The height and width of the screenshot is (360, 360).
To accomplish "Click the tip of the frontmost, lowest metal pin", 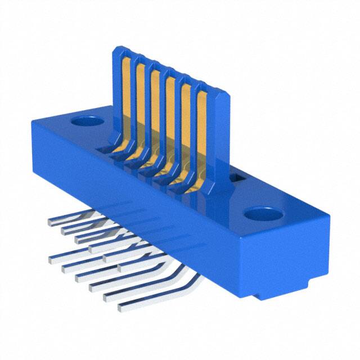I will point(120,308).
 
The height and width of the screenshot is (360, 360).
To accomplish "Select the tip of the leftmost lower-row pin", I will point(52,260).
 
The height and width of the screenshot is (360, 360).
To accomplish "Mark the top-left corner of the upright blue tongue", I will point(115,49).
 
